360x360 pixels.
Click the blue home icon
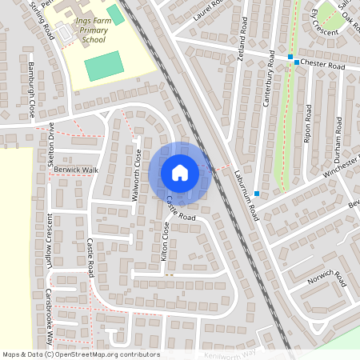pyautogui.click(x=180, y=172)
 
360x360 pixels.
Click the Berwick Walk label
pyautogui.click(x=77, y=170)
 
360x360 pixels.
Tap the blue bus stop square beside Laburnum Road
pyautogui.click(x=257, y=194)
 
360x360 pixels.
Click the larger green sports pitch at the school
pyautogui.click(x=105, y=65)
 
